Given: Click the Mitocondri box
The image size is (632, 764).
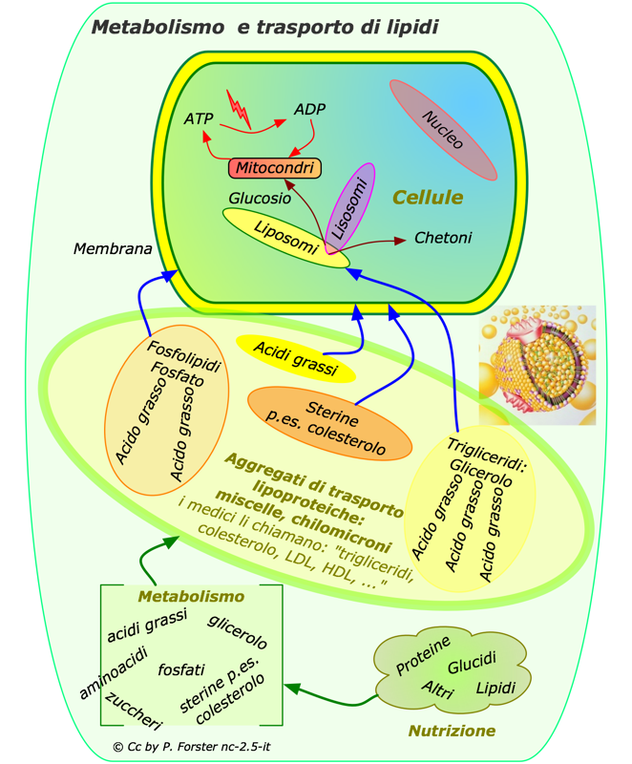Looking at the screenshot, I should [x=274, y=168].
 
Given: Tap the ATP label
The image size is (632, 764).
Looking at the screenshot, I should [x=200, y=120].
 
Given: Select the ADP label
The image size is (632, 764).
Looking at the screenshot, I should [x=309, y=110].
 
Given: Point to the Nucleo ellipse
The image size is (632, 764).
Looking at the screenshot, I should [x=443, y=130].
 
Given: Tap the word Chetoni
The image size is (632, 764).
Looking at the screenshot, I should [x=443, y=237].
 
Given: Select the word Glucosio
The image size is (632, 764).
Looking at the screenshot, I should [x=259, y=199].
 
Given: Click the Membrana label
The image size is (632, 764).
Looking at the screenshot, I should [x=113, y=249].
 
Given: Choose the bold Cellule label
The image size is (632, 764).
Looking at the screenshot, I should [x=428, y=197].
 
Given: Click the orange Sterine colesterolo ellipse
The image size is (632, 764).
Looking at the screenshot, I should [x=329, y=422].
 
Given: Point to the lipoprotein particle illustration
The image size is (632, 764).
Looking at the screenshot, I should [x=537, y=365].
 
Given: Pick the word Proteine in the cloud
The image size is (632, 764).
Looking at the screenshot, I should [x=423, y=656].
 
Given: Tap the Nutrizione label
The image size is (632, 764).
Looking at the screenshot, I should [x=453, y=731].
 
